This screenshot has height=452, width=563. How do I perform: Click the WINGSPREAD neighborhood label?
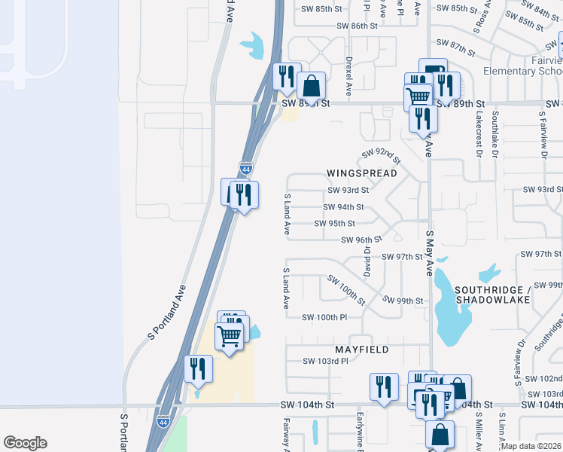(x=361, y=173)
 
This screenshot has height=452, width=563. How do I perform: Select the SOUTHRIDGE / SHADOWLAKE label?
(x=492, y=295)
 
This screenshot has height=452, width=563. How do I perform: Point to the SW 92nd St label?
(x=381, y=156)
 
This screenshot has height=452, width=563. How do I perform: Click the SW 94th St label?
(x=343, y=207)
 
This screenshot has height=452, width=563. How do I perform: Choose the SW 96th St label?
(x=357, y=240)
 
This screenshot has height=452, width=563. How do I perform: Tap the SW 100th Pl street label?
(x=324, y=317)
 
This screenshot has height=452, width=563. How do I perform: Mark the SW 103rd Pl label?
(x=325, y=361)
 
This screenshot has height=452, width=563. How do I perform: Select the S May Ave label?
(x=430, y=253)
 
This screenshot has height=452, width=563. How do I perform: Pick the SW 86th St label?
(x=357, y=26)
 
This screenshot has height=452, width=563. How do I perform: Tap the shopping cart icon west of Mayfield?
(x=229, y=335)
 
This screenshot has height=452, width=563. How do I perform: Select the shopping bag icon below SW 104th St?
(x=440, y=435)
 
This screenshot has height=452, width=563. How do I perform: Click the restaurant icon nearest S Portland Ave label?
(x=199, y=369)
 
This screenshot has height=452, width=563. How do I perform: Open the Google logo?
(x=25, y=443)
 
